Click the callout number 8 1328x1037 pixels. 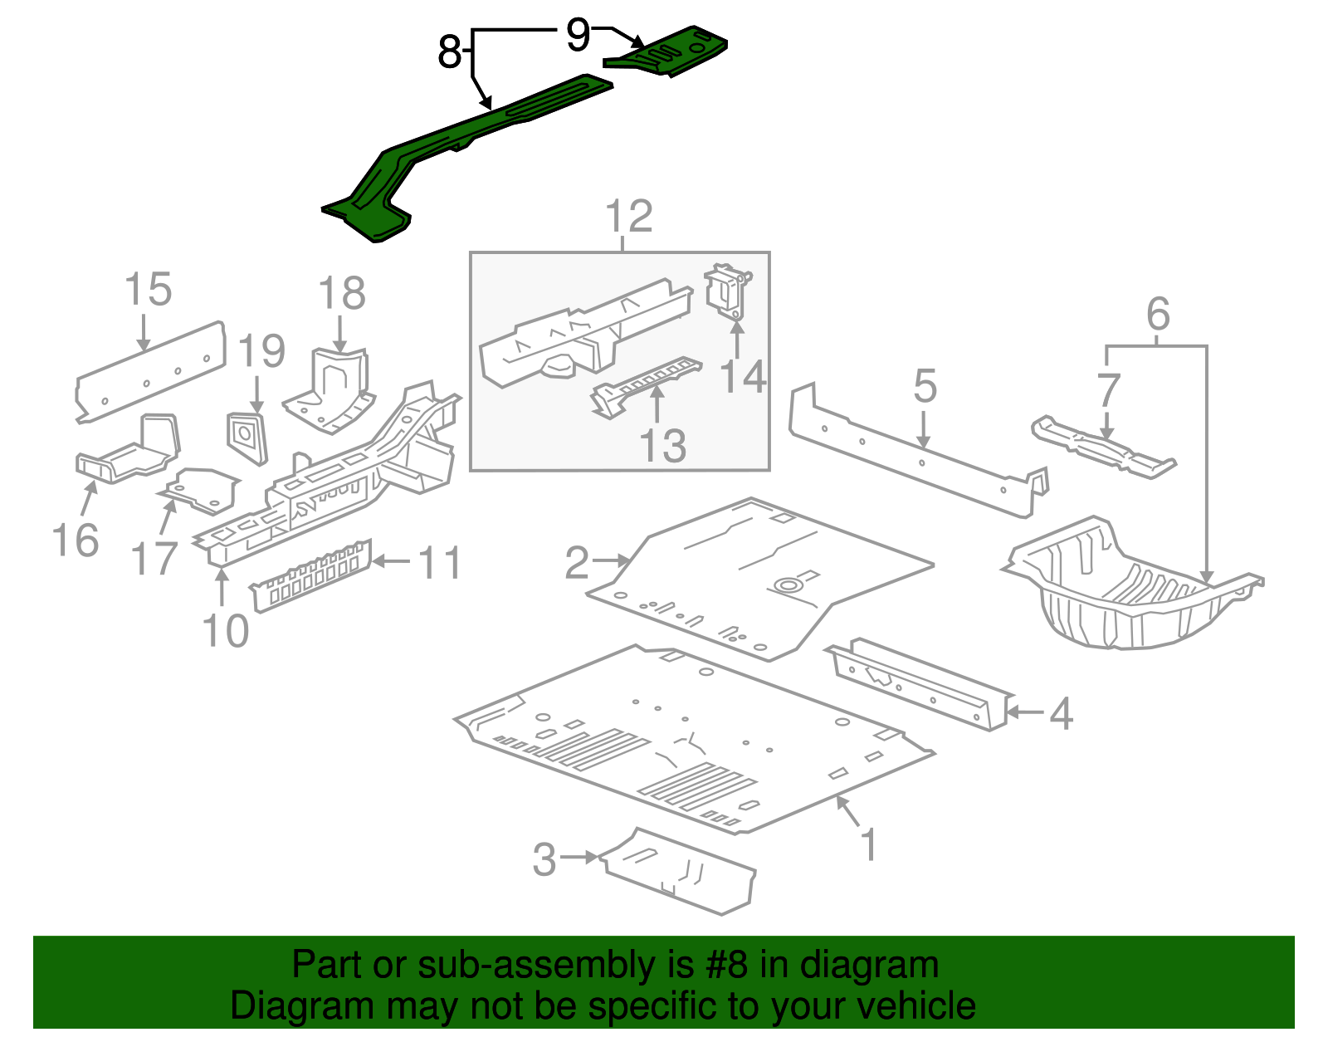pos(449,53)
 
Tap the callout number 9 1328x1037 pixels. pos(578,35)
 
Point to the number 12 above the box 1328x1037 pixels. pos(628,218)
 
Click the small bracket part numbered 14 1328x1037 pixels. pos(726,291)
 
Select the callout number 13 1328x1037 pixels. pos(663,446)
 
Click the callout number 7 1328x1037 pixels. pos(1108,389)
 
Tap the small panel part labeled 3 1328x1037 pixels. pos(681,872)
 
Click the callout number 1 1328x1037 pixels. pos(868,844)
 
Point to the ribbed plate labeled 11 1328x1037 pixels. pos(311,575)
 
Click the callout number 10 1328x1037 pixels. pos(225,631)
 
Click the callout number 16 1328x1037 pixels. pos(76,541)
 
